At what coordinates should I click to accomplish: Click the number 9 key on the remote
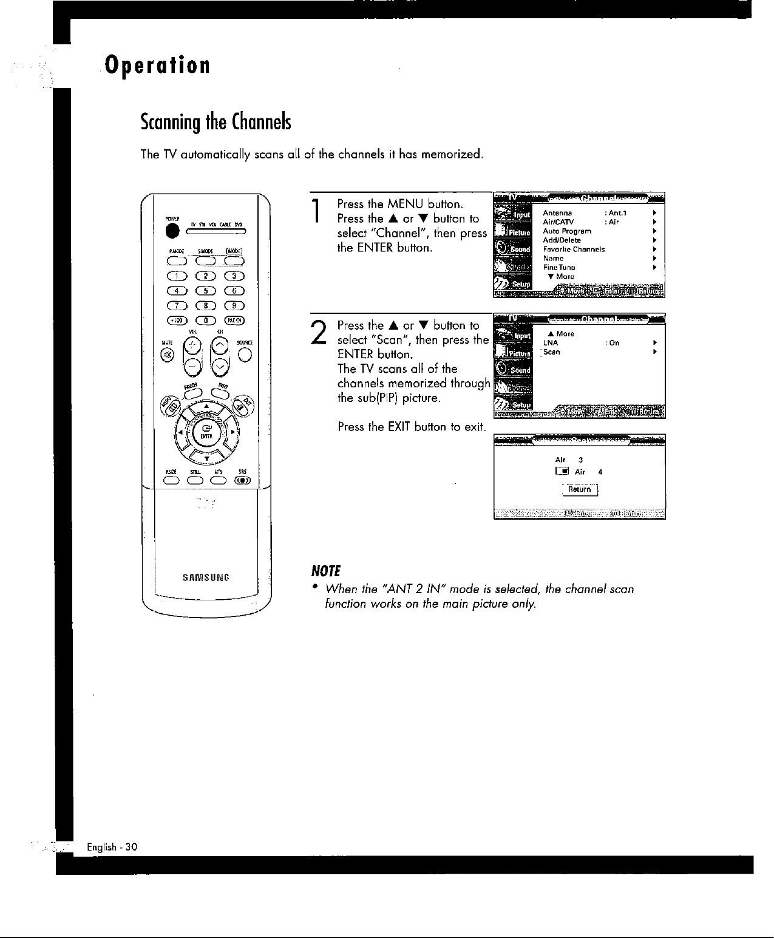pos(234,306)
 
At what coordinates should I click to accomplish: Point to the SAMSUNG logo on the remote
pos(206,577)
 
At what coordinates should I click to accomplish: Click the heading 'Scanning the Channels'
pos(216,122)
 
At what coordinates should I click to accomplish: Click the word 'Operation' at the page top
pos(157,64)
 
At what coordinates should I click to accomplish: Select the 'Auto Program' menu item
pos(567,231)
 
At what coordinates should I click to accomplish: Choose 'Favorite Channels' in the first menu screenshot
pos(574,250)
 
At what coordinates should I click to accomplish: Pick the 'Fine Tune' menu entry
pos(559,268)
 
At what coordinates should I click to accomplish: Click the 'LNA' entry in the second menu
pos(551,343)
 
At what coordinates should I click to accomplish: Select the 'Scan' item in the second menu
pos(552,352)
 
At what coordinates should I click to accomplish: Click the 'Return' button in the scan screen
pos(580,489)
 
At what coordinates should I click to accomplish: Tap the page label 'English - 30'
pos(112,847)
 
